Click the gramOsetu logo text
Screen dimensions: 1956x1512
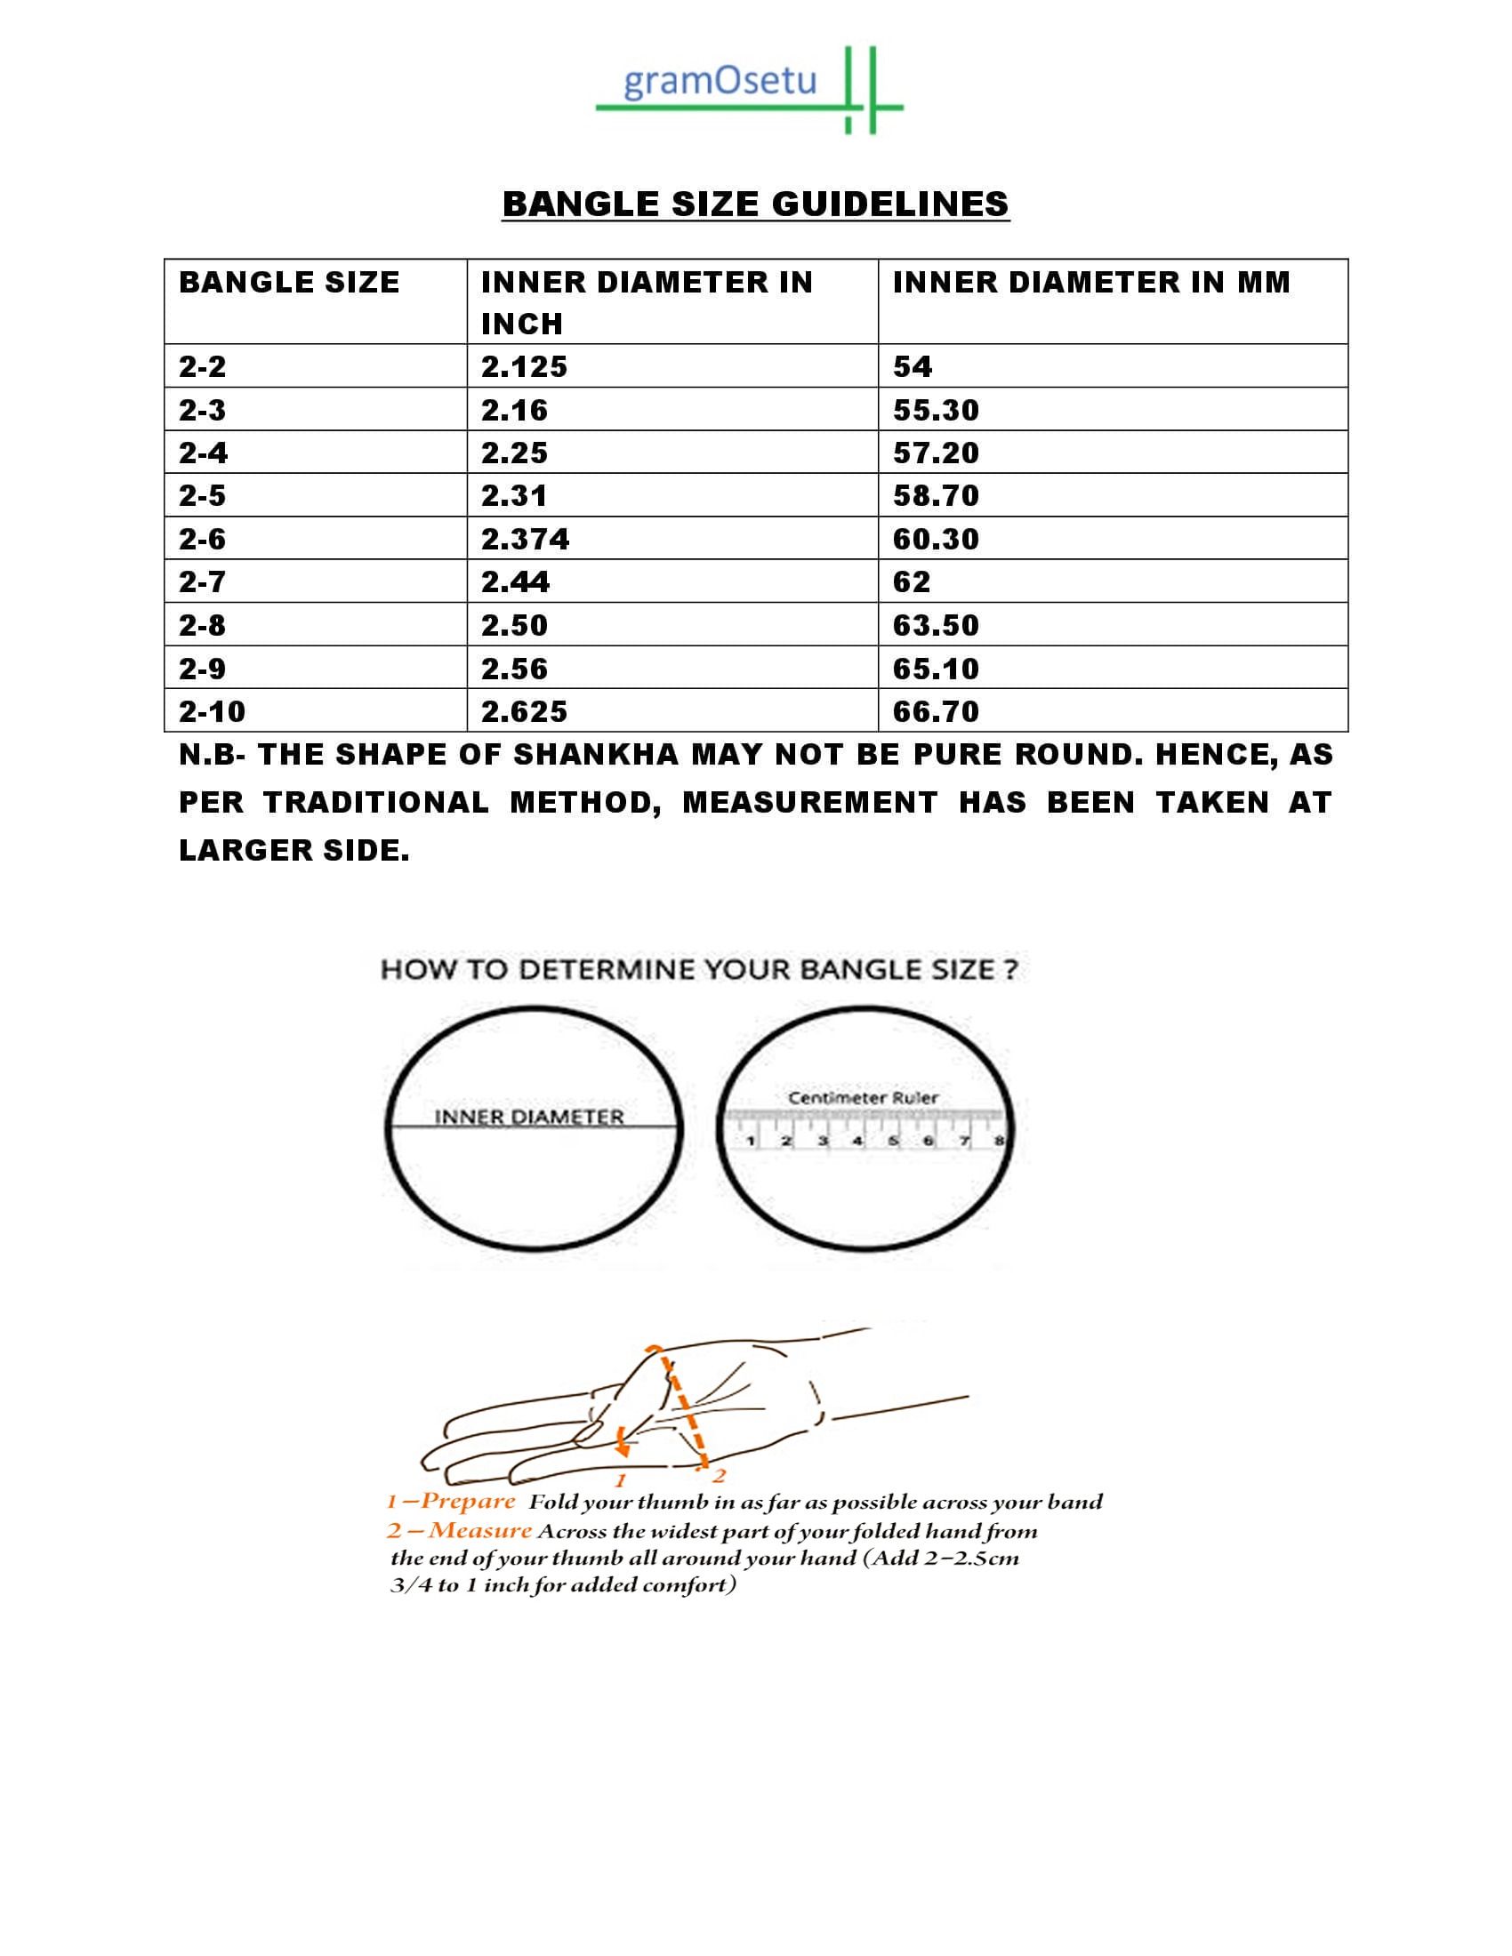point(720,82)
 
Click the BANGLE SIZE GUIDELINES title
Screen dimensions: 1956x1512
point(755,204)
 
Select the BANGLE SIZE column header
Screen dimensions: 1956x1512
point(288,283)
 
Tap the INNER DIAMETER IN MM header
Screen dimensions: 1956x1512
point(1091,283)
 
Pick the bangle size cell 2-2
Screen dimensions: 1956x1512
point(203,366)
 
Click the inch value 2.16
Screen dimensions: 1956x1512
point(514,410)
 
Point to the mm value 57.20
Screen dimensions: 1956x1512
point(936,453)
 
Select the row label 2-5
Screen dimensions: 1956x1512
point(203,496)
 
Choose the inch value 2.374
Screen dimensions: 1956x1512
point(525,539)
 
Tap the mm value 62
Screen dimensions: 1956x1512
point(912,582)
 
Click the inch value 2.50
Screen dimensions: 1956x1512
point(514,625)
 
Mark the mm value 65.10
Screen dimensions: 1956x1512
point(936,669)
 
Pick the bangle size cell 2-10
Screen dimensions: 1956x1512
point(212,712)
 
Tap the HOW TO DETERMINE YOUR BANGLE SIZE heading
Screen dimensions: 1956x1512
point(699,970)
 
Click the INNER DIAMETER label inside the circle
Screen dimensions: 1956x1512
point(528,1117)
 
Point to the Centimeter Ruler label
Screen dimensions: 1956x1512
point(863,1097)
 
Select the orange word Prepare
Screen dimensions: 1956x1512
point(468,1501)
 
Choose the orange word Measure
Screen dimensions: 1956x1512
point(480,1531)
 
